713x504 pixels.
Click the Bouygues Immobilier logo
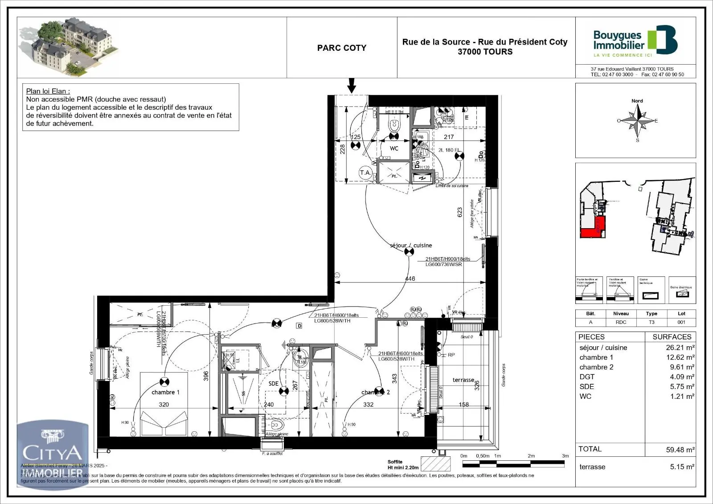pos(635,41)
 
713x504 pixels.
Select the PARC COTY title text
pos(341,48)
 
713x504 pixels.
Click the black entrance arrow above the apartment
pos(352,85)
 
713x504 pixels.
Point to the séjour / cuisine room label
pos(410,246)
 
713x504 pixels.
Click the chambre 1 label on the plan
pos(165,392)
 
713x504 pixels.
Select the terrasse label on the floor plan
pos(463,380)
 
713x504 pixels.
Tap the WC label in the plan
pos(394,148)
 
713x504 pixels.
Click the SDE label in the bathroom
pos(273,384)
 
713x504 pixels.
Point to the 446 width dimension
pos(410,279)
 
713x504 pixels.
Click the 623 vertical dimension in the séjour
pos(460,213)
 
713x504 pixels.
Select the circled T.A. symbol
pos(365,172)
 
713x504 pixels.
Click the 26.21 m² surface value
pos(680,348)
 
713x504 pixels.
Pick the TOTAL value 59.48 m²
pos(680,450)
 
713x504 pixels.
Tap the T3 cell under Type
pos(651,322)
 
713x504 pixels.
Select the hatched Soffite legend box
pos(435,464)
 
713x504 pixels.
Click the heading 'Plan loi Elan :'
pos(48,91)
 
